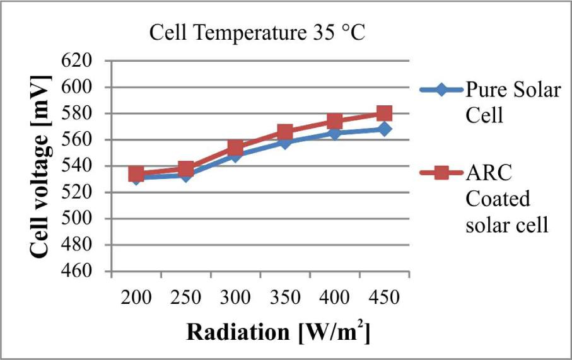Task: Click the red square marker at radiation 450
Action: click(x=384, y=113)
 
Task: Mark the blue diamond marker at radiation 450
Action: click(x=384, y=129)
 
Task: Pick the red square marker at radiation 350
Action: click(x=285, y=132)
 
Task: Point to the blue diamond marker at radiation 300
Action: click(x=235, y=155)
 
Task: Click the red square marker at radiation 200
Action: click(x=136, y=173)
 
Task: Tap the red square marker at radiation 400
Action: click(x=334, y=122)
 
